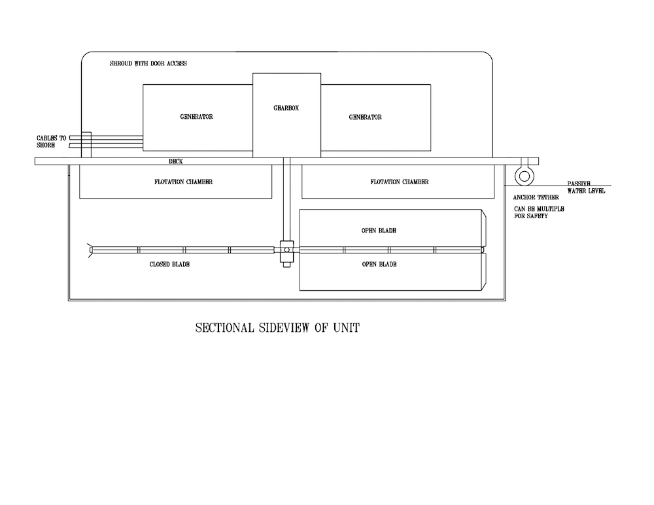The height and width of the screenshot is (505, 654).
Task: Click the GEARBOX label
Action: [x=286, y=108]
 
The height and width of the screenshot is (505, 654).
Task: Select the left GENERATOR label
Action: [x=197, y=118]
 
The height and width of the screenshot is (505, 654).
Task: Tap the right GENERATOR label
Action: [x=365, y=118]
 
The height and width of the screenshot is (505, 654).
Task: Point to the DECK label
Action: [x=175, y=161]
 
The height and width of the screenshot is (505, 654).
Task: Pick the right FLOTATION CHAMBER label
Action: [x=399, y=182]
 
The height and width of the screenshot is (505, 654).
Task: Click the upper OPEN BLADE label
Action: [x=379, y=231]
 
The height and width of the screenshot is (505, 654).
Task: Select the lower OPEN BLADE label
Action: [x=379, y=265]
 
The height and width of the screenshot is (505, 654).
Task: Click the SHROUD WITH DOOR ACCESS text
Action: [x=148, y=64]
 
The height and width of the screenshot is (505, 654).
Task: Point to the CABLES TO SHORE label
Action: [x=51, y=141]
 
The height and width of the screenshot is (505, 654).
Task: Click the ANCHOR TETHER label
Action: [x=536, y=197]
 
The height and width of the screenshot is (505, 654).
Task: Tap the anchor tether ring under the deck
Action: [x=523, y=176]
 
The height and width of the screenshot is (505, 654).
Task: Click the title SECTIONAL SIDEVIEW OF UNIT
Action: [x=277, y=328]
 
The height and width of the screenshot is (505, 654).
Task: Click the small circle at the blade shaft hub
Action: [x=286, y=250]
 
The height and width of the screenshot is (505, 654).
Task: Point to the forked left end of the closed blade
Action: [x=90, y=249]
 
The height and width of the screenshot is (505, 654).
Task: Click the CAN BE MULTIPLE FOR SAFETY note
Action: [x=539, y=212]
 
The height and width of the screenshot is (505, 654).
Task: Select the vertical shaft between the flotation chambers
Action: [x=286, y=199]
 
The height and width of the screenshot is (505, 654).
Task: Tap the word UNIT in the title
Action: [x=345, y=328]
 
